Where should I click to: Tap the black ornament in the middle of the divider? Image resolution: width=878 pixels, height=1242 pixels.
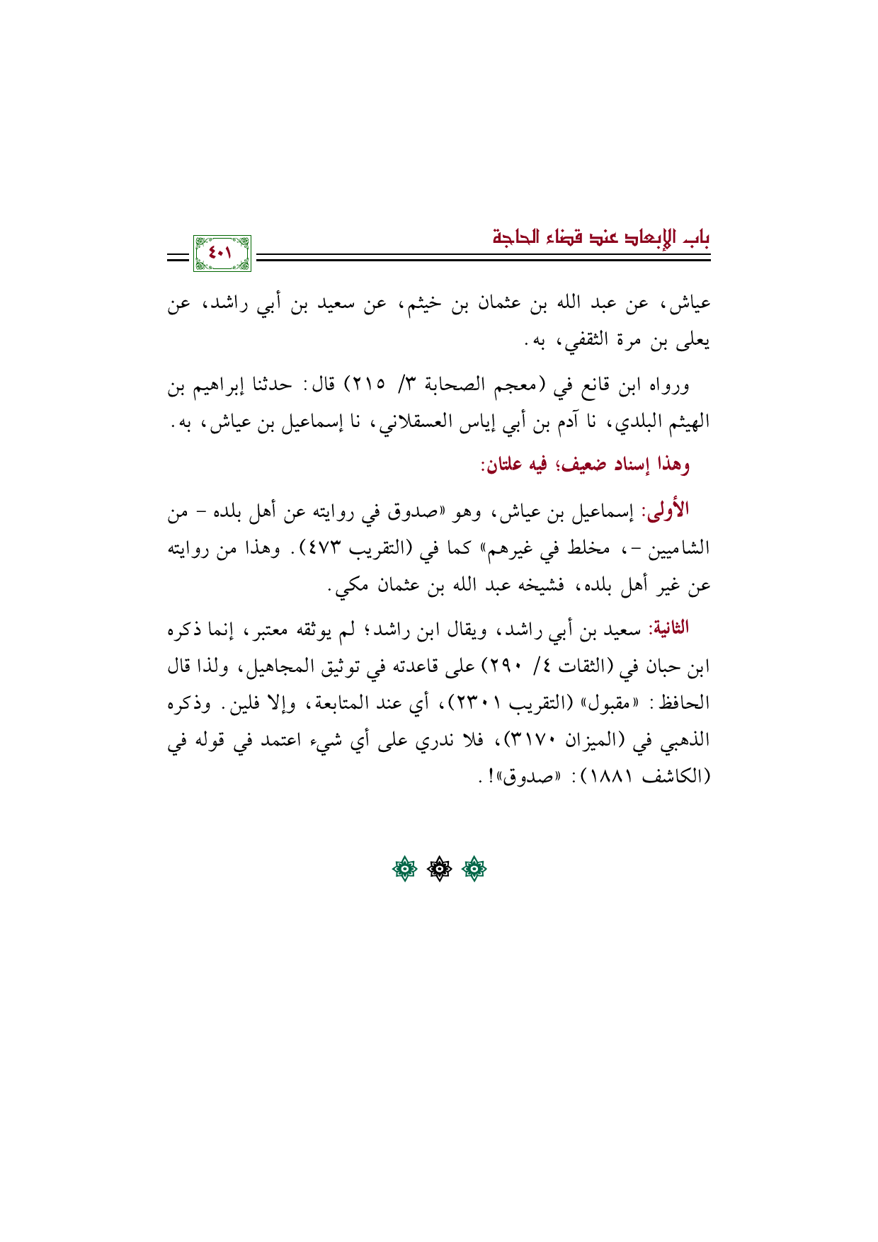click(x=439, y=870)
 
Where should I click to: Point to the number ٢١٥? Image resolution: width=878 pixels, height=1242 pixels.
click(x=367, y=386)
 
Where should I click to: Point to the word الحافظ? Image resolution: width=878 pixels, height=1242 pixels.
click(x=685, y=703)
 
